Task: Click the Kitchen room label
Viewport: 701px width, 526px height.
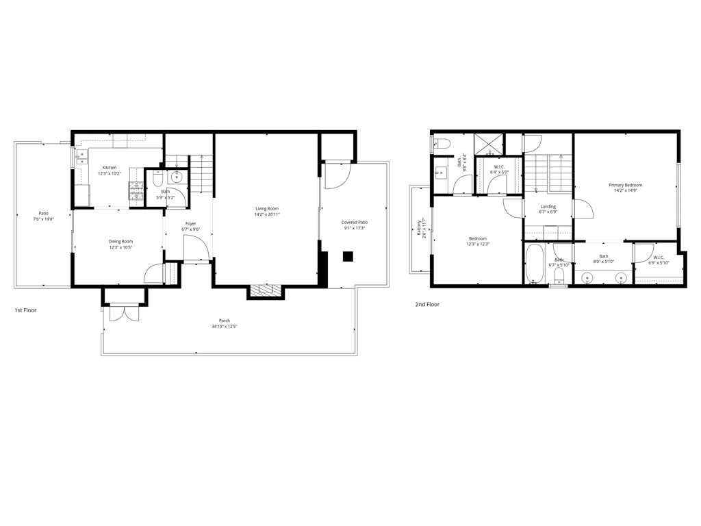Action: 110,168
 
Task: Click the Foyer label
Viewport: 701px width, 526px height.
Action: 190,223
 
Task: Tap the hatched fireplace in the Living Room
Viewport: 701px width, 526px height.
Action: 265,292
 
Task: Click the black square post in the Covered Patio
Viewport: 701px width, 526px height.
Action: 348,257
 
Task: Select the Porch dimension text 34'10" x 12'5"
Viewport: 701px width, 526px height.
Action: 224,327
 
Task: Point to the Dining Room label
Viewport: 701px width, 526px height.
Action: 120,241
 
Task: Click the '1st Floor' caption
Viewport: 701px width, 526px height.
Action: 25,310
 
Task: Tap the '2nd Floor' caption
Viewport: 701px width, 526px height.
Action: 427,304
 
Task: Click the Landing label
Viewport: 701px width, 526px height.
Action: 548,206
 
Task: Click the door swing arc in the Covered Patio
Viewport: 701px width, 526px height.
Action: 337,176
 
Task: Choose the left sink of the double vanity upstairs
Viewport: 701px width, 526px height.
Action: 587,277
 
